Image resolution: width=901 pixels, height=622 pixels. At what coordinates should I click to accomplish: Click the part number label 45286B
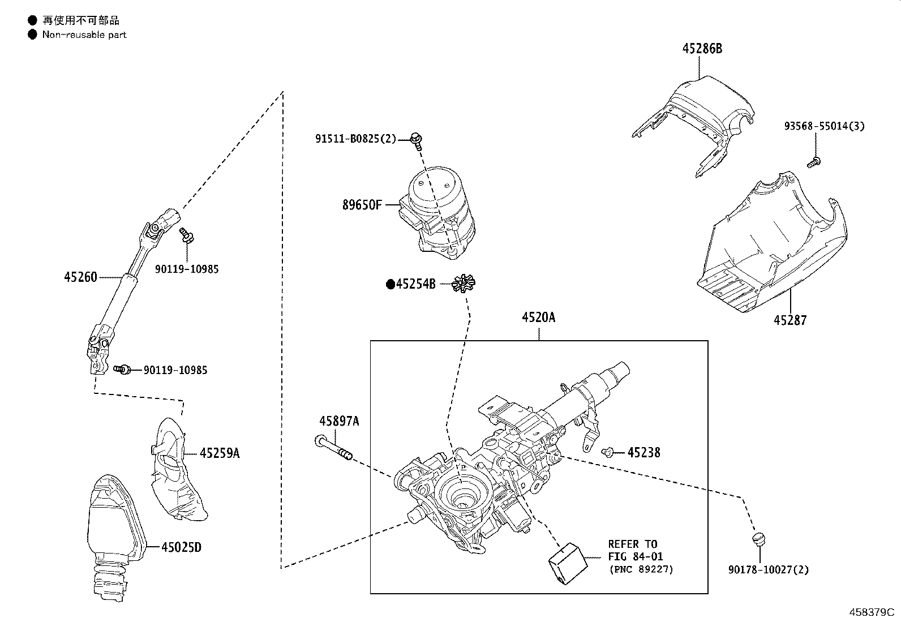702,49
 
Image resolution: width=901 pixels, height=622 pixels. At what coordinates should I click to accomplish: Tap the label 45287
790,320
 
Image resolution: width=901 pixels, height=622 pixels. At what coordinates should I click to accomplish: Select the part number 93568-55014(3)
824,126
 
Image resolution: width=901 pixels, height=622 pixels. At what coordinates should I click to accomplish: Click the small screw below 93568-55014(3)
814,162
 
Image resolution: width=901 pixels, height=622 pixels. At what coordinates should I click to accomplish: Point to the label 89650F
362,205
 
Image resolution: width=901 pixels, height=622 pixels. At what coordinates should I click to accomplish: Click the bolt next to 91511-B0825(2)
417,140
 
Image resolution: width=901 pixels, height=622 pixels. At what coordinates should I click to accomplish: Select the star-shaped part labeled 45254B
464,283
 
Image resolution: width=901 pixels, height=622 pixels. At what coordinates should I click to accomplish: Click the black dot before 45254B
390,285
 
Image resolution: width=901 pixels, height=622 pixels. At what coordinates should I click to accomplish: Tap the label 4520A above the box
539,318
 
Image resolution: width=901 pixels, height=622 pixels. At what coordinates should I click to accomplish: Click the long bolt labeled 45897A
334,447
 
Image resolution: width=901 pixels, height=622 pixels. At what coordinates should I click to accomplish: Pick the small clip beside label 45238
607,452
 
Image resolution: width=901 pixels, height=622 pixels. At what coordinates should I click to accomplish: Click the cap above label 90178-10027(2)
758,539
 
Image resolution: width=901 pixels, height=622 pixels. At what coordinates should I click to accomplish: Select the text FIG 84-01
636,556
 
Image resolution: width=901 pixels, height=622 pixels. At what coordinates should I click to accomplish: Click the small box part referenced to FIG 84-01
568,563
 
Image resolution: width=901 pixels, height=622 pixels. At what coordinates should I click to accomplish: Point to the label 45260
80,277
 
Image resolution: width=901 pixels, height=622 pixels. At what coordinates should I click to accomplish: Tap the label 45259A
220,453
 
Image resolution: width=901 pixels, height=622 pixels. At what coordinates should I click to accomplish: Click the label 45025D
182,547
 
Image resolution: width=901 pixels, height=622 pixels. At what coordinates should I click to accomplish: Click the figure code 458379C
872,612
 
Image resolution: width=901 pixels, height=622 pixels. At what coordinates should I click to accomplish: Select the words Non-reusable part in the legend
84,35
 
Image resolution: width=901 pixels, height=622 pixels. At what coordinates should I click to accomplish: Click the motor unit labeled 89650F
437,213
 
